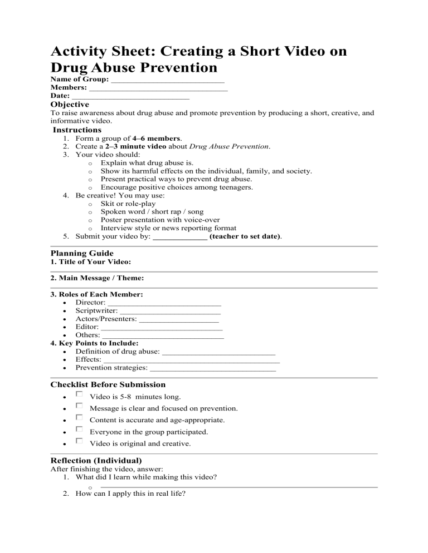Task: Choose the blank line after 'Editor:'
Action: [x=162, y=330]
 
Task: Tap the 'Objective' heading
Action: [x=70, y=105]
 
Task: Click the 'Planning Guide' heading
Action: [x=82, y=253]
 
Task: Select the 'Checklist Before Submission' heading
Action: [x=108, y=384]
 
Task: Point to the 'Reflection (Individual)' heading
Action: [x=96, y=461]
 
